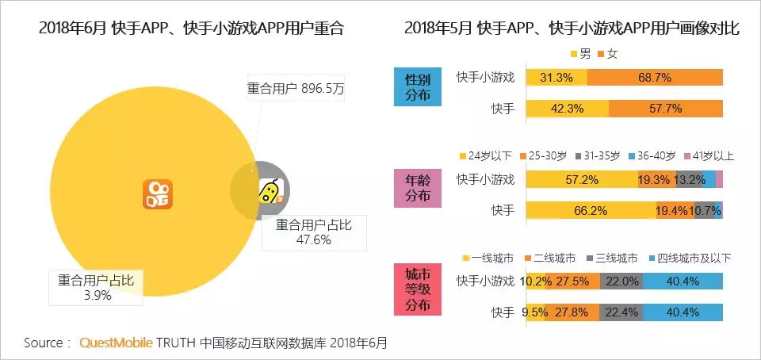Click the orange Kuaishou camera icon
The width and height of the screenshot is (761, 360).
pos(158,193)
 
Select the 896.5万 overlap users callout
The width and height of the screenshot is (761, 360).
pos(296,89)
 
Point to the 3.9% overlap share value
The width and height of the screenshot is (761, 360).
pos(96,295)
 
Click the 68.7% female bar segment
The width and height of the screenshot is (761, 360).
pos(655,78)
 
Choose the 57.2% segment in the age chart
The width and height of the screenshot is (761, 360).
pos(580,179)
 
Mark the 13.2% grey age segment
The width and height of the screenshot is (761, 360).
pos(690,179)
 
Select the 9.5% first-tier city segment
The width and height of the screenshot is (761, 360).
pos(535,312)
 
